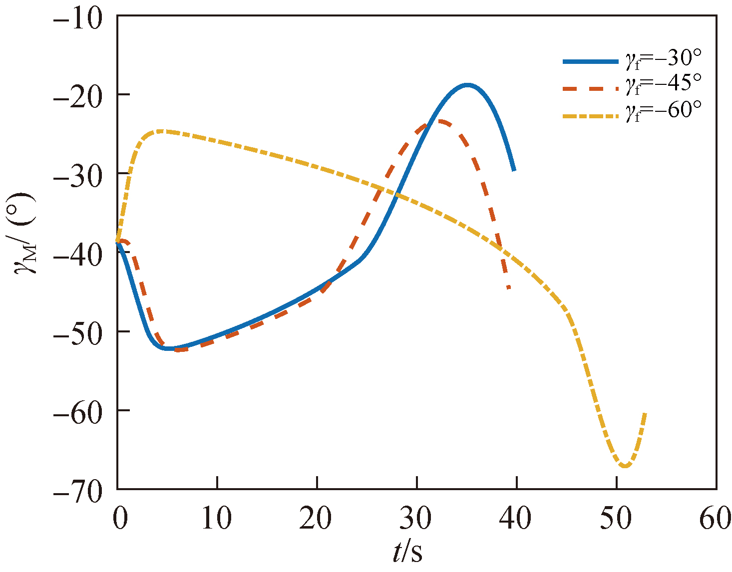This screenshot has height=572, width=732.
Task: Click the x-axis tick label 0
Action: coord(119,519)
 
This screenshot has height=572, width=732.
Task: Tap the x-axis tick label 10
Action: coord(217,519)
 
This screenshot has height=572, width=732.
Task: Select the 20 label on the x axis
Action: coord(317,519)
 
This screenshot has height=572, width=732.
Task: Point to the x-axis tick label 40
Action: coord(516,519)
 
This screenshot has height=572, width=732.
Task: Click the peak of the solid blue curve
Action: coord(467,85)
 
